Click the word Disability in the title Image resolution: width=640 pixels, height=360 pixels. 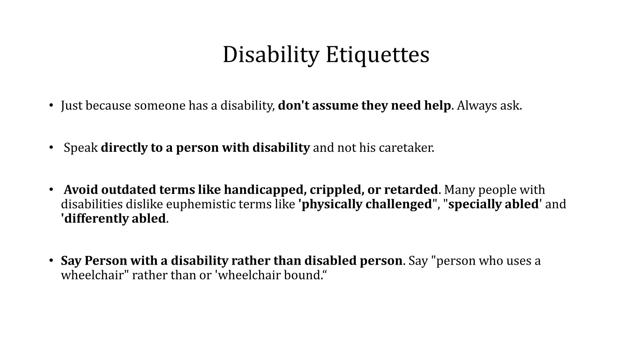[270, 55]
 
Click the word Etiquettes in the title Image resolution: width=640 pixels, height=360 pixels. [377, 55]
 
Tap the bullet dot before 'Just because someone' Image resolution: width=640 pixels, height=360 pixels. [51, 105]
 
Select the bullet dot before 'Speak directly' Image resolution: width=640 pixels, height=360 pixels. [51, 147]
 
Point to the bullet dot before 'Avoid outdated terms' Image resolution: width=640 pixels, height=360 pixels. [51, 190]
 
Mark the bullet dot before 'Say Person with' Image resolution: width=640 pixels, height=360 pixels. [51, 261]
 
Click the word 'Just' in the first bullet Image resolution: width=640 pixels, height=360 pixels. [72, 106]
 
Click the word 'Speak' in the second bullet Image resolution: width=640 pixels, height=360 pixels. [81, 148]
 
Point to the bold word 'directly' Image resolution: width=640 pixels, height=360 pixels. [124, 148]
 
